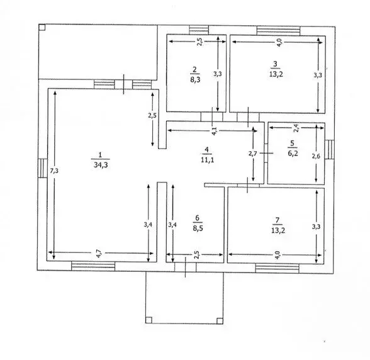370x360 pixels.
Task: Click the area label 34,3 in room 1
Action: (99, 166)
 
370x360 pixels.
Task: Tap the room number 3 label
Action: (274, 64)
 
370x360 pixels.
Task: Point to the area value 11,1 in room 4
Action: (206, 161)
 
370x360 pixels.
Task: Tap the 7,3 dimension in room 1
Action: (55, 171)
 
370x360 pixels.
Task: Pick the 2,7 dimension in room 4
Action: (249, 152)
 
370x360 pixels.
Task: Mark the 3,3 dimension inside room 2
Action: (218, 74)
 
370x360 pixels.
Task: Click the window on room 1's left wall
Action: (42, 168)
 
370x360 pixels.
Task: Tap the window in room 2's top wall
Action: (198, 29)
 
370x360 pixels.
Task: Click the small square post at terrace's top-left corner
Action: (42, 27)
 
